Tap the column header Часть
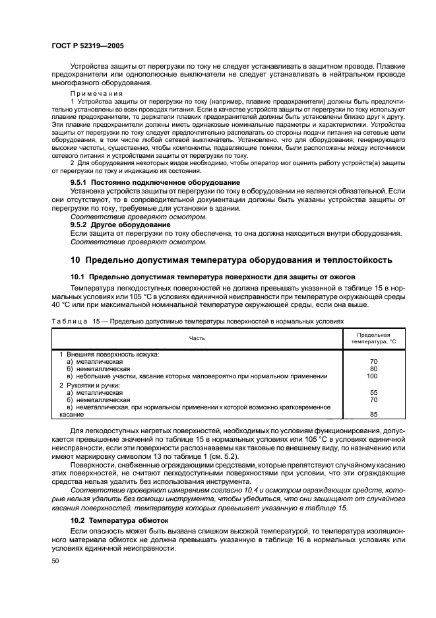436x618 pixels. point(197,338)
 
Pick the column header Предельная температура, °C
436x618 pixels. point(373,338)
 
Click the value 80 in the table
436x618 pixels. point(373,368)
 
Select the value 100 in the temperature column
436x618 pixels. point(373,376)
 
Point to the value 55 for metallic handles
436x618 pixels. point(373,392)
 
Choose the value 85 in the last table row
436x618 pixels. point(373,415)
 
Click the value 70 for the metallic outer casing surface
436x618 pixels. point(373,361)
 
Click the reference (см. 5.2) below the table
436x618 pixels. point(222,458)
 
